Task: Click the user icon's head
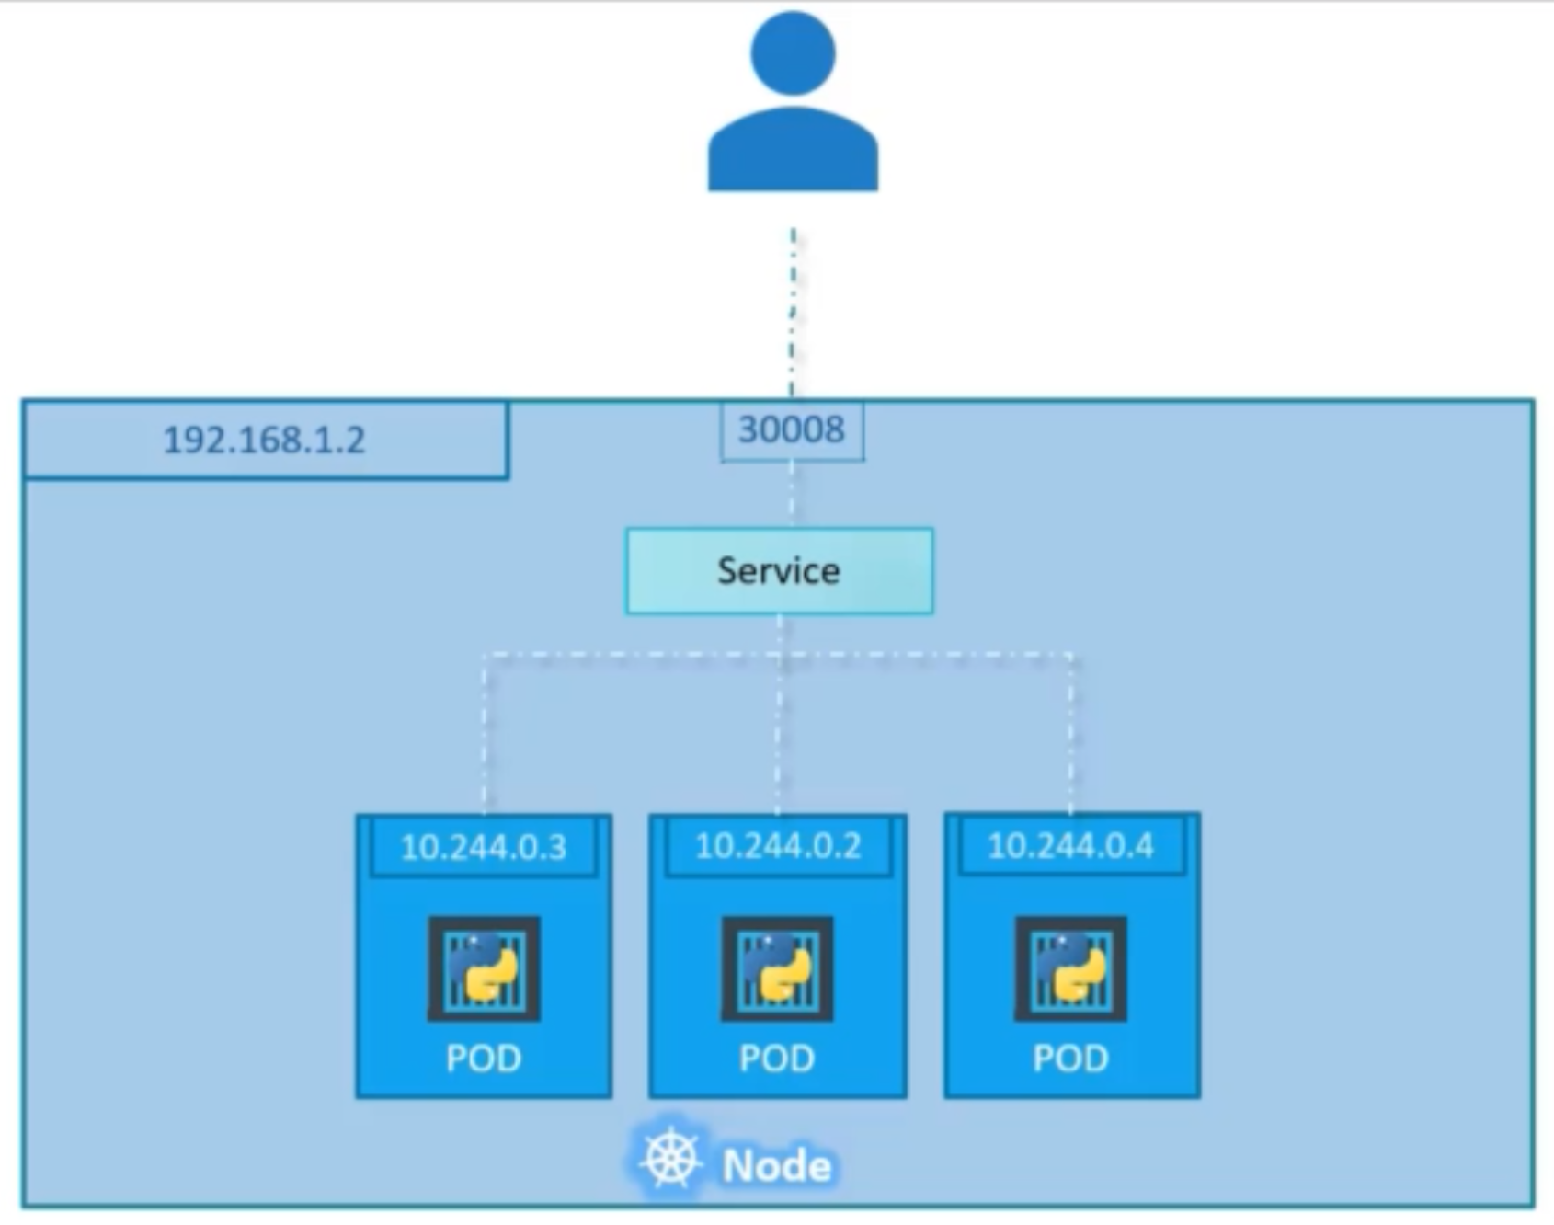793,53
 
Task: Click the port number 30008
792,429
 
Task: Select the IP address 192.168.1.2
265,441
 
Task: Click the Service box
779,571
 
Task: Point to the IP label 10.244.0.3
484,847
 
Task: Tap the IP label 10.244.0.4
1070,845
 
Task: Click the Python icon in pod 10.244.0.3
484,968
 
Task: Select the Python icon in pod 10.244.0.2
777,968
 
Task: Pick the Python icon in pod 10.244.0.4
1070,968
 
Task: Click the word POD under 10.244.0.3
484,1059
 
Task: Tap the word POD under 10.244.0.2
777,1059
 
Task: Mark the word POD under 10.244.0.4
1070,1059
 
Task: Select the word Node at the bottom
777,1166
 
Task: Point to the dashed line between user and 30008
793,313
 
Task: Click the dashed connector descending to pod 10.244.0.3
485,736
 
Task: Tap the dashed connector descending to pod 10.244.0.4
1071,736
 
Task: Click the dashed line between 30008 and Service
792,495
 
